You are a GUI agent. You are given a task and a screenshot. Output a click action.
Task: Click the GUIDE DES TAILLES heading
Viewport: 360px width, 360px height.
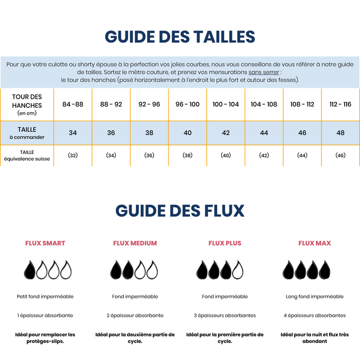coord(180,37)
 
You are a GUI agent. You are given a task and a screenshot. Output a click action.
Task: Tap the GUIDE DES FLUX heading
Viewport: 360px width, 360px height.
coord(180,211)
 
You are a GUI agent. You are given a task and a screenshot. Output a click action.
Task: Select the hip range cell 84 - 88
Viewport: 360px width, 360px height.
coord(73,104)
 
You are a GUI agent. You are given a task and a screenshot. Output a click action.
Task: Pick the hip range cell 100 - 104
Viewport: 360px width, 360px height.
coord(226,104)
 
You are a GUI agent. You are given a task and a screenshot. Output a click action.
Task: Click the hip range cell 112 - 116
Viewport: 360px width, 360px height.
coord(340,104)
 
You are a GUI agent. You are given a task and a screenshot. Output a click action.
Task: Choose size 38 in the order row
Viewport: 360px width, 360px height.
coord(149,133)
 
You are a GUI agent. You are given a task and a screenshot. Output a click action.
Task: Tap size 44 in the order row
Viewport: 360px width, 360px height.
coord(264,133)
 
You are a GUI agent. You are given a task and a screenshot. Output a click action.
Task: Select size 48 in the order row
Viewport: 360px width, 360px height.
coord(340,133)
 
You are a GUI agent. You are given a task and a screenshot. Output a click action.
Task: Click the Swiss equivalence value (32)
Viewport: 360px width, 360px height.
coord(73,155)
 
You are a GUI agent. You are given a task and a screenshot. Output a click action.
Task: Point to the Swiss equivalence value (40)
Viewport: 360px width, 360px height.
coord(226,155)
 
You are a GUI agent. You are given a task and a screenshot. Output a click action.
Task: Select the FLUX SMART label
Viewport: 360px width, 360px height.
coord(45,243)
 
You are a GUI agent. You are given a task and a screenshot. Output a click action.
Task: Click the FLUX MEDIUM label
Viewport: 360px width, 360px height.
coord(135,243)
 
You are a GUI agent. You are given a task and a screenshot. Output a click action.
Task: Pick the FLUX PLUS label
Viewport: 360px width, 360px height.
coord(225,243)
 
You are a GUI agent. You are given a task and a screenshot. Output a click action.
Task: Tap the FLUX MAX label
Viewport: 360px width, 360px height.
coord(315,243)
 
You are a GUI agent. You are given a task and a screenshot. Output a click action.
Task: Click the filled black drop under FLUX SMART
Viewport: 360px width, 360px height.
coord(30,269)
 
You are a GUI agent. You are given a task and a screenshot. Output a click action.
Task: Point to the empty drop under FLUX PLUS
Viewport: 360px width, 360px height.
coord(238,269)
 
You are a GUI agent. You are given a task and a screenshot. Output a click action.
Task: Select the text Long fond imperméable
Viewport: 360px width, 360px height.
coord(315,297)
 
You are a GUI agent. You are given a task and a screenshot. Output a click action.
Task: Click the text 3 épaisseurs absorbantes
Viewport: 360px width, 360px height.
coord(225,315)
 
